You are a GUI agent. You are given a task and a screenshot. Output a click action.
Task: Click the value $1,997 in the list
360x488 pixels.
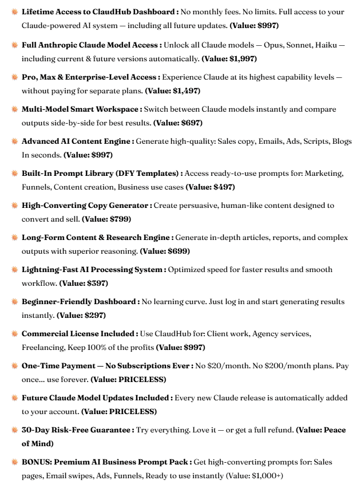point(242,58)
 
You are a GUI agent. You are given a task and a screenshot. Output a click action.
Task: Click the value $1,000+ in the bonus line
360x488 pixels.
point(266,475)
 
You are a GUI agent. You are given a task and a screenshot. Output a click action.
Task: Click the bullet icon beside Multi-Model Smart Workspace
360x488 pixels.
point(14,109)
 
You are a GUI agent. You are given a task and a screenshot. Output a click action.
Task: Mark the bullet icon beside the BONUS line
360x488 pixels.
point(14,462)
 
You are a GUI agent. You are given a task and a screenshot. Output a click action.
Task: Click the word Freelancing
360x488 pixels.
point(43,347)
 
